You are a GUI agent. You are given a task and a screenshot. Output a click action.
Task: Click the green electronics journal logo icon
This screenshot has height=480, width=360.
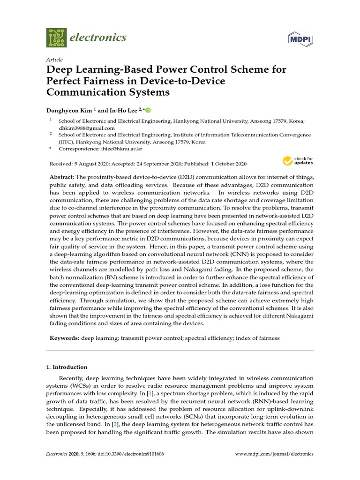point(57,37)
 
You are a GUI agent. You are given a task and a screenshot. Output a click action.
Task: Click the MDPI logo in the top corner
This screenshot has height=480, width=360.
point(300,39)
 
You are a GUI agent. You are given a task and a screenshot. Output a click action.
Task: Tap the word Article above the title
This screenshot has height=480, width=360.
point(55,60)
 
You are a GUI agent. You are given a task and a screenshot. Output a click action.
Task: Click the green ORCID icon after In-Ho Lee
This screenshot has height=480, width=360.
point(149,110)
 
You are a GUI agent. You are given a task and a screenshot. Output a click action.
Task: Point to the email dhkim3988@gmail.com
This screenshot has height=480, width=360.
point(87,128)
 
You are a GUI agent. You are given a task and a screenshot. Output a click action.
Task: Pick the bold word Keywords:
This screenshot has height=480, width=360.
point(64,337)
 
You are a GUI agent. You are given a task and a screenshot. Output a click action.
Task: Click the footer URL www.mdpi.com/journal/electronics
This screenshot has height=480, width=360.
point(274,454)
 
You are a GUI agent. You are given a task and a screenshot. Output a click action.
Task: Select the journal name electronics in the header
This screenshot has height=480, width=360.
point(97,37)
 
